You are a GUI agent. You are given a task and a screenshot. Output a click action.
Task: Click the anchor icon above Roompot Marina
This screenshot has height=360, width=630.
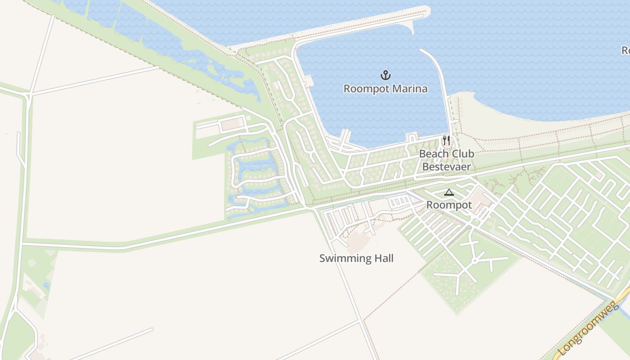point(385,75)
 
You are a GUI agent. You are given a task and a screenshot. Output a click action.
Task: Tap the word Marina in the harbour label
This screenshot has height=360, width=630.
point(409,89)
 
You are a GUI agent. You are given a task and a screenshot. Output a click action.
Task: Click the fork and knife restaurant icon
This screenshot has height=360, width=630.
point(446,140)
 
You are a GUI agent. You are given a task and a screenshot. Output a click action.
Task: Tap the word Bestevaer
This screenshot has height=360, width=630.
point(446,167)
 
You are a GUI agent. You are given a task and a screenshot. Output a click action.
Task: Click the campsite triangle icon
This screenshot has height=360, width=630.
point(449,193)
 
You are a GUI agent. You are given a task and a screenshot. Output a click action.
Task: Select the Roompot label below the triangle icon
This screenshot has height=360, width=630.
point(449,205)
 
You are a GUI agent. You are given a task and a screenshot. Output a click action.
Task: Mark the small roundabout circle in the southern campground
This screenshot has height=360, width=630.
point(474,261)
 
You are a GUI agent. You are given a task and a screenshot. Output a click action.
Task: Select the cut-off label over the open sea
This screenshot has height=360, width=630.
point(625,50)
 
